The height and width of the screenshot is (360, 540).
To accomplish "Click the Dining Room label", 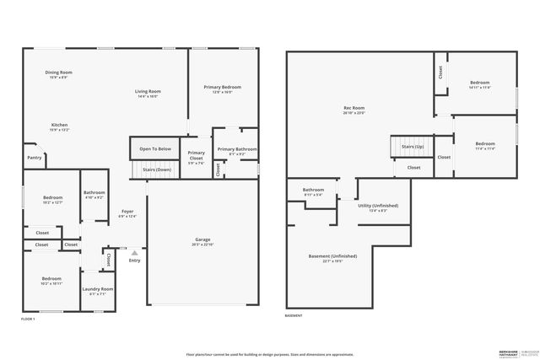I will coord(58,73).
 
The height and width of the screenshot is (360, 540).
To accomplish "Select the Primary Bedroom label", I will coord(222,88).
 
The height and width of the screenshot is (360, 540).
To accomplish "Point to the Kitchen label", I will coord(58,125).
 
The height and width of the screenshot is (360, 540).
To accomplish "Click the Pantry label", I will coord(34,158).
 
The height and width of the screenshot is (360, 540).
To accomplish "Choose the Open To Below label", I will coord(155,149).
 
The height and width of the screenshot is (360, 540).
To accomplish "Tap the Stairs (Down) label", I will coord(156,169).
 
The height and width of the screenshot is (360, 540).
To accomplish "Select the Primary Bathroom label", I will coord(236,150).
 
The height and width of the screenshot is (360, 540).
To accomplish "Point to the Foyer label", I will coord(127,212).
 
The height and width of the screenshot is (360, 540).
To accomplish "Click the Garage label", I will coord(202,240).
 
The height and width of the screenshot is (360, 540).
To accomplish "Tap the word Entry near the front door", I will coord(134,261).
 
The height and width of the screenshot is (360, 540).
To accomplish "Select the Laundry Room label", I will coord(98,289).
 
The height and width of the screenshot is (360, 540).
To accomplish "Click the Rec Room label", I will coord(354,108).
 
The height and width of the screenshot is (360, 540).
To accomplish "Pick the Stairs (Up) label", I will coord(412,147).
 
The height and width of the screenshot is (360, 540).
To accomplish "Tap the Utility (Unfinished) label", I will coord(378,206).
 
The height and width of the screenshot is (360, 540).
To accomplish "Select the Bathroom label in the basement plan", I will coord(314,191).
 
